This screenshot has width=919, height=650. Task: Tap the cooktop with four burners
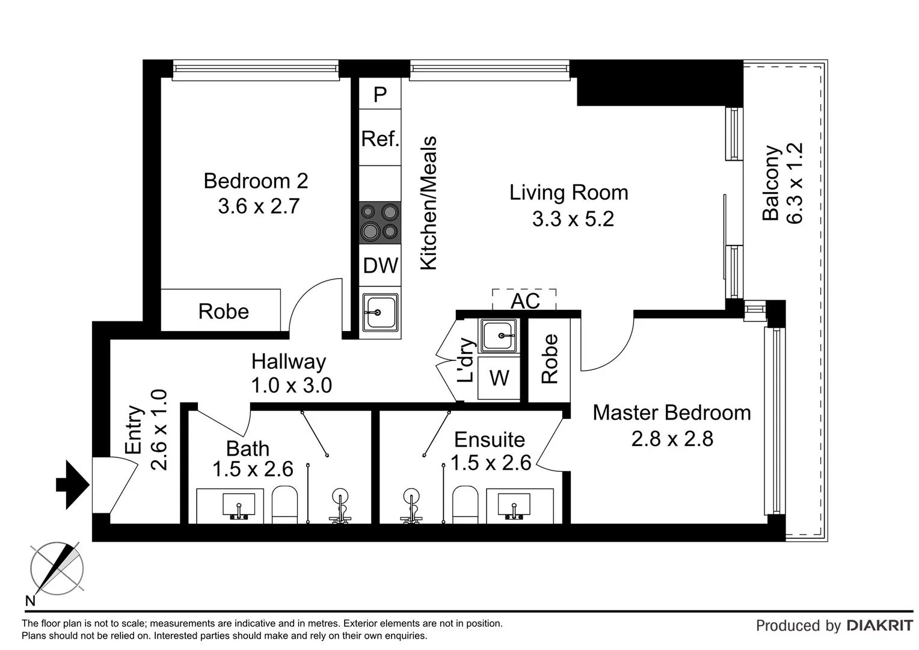[380, 222]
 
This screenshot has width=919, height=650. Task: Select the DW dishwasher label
[380, 265]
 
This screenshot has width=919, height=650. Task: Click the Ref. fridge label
[380, 139]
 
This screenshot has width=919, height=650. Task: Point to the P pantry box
[380, 94]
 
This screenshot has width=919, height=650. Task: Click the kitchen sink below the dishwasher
[380, 312]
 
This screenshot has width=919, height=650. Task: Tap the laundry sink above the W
[499, 336]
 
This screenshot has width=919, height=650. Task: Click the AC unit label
[524, 300]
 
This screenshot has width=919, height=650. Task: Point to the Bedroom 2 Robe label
[223, 312]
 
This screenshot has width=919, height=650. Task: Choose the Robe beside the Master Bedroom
[550, 359]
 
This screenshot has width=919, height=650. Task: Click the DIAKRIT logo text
[879, 626]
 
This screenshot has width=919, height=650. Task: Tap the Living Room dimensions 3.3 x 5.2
[573, 219]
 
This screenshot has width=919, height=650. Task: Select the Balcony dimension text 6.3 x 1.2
[795, 184]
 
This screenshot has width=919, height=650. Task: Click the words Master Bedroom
[671, 413]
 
